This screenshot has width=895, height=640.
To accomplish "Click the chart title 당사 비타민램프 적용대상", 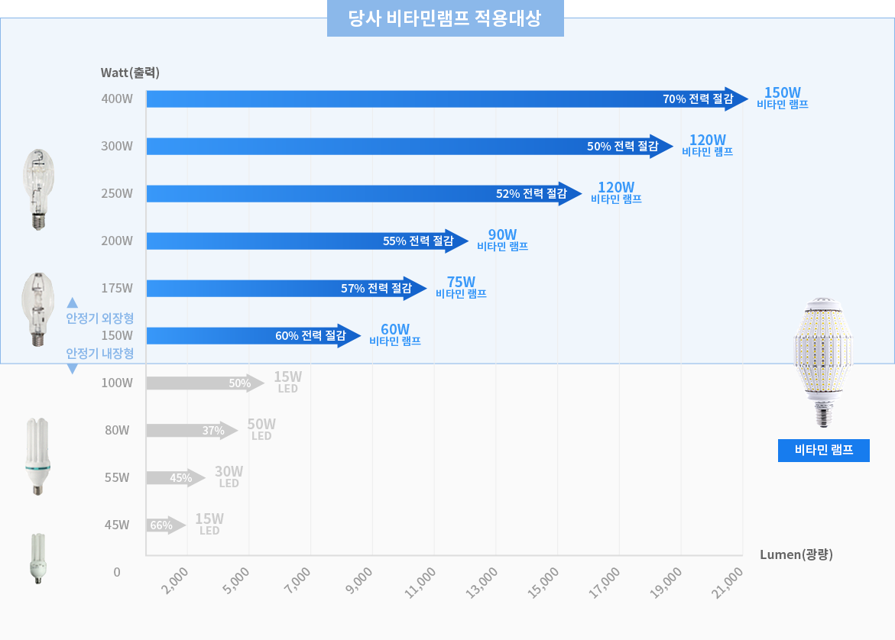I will point(445,18).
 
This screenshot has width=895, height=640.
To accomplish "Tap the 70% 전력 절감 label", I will point(697,99).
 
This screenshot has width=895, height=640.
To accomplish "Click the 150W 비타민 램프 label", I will point(783,98).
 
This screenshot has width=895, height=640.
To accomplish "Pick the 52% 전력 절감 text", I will point(531,194).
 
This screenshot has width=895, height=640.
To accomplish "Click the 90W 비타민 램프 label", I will point(502,240).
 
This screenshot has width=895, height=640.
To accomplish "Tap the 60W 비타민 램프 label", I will point(395,335).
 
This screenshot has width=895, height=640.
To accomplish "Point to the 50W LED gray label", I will point(261,429).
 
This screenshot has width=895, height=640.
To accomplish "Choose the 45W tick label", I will point(118,525).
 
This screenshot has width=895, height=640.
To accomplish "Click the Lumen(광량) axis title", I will point(796,554).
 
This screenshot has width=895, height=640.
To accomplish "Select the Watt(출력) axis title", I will point(130,73).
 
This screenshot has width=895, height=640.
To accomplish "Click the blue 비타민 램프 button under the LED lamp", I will point(824,451).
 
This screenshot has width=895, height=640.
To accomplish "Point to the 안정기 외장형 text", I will point(100,318).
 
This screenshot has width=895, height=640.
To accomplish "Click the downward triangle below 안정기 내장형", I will point(73,369).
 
